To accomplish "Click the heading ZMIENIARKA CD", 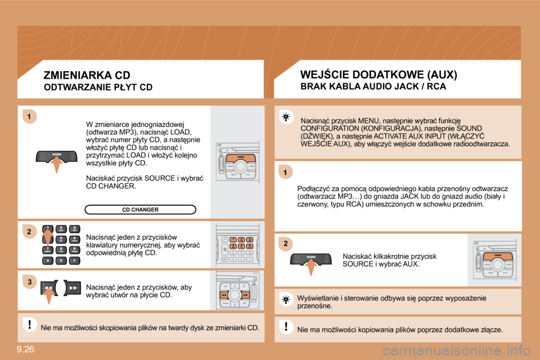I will [x=87, y=75].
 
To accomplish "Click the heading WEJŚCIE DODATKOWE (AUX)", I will [x=379, y=74].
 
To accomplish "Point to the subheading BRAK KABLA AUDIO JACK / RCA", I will [x=373, y=87].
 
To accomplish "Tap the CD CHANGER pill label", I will [x=140, y=210].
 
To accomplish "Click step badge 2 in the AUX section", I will [x=285, y=244].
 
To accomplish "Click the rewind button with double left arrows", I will [x=49, y=287].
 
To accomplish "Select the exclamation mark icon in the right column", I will [x=285, y=327].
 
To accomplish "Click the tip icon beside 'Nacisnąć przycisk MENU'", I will [x=286, y=117].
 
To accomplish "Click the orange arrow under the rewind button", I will [x=49, y=296].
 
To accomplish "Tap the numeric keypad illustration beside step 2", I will [x=60, y=245].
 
